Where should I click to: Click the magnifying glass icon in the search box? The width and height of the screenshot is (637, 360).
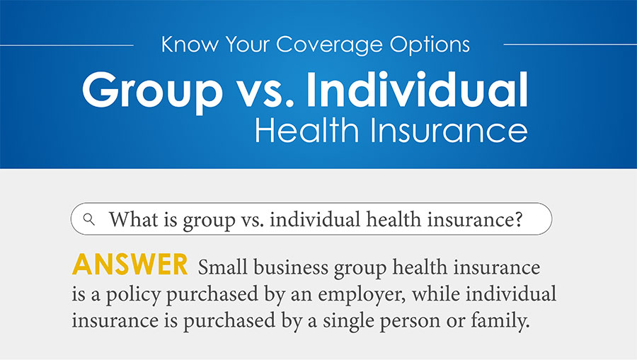[x=89, y=219]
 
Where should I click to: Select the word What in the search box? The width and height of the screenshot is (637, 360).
[x=128, y=219]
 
